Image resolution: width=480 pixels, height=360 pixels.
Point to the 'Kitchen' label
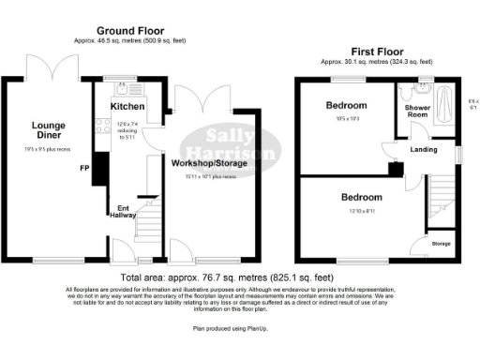[x=127, y=107]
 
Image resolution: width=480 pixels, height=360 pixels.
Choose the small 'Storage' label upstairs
[x=441, y=245]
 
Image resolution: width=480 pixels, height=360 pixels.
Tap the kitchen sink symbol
[x=125, y=90]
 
